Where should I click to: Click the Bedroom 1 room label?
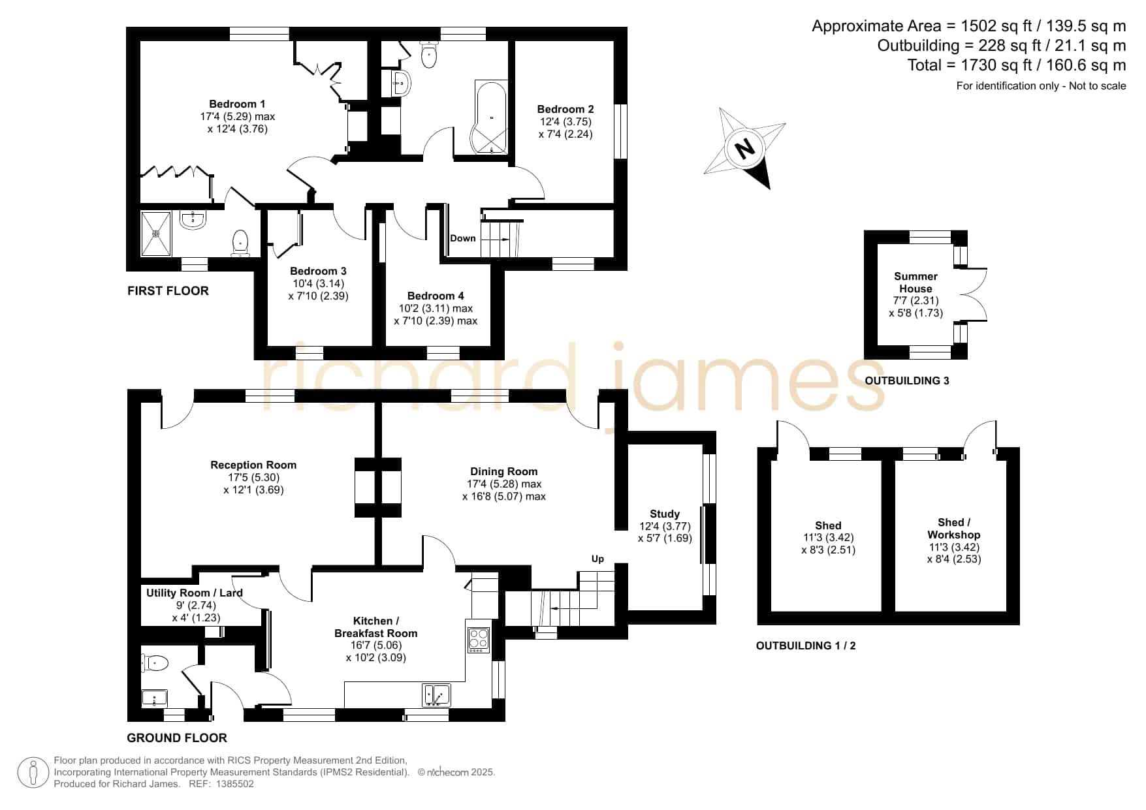(237, 104)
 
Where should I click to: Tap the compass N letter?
(744, 148)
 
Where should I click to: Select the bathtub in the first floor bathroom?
(490, 117)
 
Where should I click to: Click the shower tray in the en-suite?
(155, 232)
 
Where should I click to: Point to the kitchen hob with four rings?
(478, 640)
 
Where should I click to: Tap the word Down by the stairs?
(463, 238)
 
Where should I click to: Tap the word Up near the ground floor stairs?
(597, 559)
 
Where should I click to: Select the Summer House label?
(915, 283)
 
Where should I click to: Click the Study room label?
(665, 514)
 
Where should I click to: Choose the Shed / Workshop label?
(954, 529)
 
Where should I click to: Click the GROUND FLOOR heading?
(177, 738)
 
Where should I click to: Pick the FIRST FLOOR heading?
(168, 291)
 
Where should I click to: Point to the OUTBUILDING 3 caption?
(907, 381)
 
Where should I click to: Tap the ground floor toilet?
(155, 663)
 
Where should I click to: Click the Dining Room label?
(504, 471)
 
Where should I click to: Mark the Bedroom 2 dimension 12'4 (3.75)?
(565, 122)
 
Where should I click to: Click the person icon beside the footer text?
(33, 773)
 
